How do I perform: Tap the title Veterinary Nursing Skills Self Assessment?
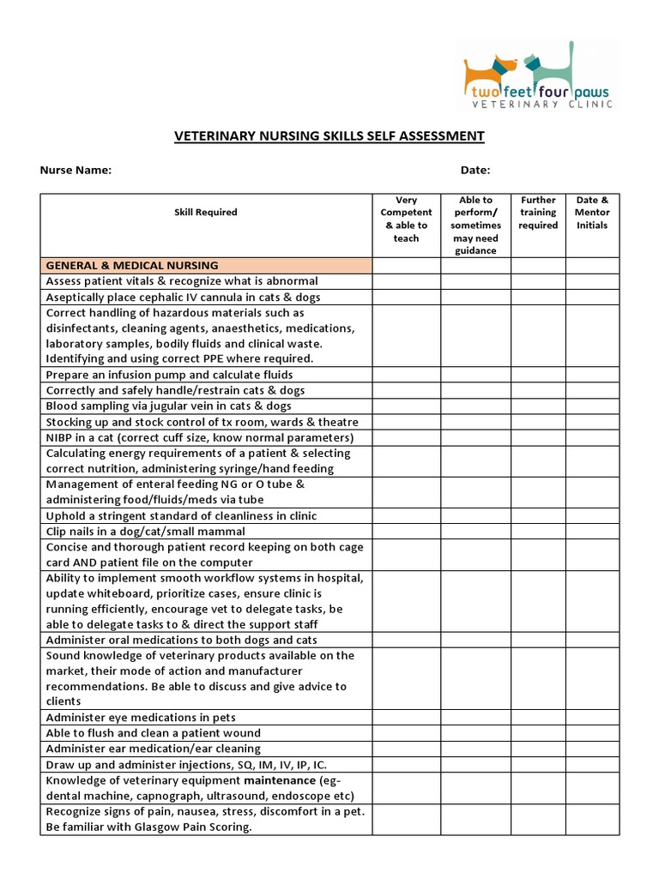(x=329, y=136)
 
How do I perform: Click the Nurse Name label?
(x=76, y=170)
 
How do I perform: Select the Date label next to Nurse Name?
(x=475, y=170)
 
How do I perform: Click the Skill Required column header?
(x=206, y=213)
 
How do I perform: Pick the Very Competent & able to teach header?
(x=406, y=219)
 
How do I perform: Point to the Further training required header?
(x=538, y=213)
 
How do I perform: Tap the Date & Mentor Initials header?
(x=592, y=213)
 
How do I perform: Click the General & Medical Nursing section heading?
(x=132, y=266)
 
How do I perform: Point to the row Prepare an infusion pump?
(x=169, y=375)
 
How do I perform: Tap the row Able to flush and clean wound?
(x=153, y=733)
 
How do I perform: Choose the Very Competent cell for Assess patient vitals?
(x=406, y=281)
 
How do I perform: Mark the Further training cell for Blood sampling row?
(x=538, y=406)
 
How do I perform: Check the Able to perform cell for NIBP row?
(x=476, y=437)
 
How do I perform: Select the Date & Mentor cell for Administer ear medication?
(x=592, y=749)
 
